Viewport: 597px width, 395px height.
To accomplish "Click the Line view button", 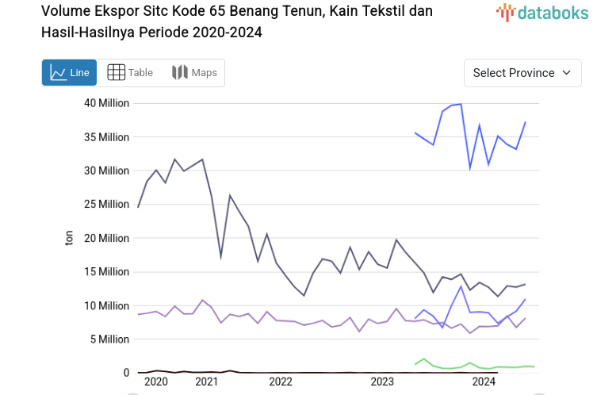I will click(69, 73).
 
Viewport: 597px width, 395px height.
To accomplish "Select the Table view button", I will click(130, 73).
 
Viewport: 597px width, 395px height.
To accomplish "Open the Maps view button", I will click(194, 73).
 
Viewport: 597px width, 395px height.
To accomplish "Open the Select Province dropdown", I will click(522, 73).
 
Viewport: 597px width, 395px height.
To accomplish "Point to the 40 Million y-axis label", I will click(106, 103).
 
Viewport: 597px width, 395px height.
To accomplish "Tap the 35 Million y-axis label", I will click(106, 137).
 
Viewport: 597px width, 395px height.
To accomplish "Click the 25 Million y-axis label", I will click(106, 205).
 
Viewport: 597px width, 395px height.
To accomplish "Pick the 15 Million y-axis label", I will click(106, 272).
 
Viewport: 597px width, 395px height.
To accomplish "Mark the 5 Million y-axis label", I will click(109, 339).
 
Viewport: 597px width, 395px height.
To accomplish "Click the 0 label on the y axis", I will click(125, 373).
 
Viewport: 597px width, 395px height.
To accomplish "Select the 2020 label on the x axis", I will click(156, 382).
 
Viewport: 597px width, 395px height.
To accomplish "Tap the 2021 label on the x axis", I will click(206, 382).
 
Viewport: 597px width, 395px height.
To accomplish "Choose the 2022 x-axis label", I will click(281, 382).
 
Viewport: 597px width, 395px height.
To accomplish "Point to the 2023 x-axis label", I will click(382, 382).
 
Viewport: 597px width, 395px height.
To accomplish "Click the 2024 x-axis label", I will click(484, 382).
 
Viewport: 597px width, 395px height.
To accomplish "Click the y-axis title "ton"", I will click(68, 238).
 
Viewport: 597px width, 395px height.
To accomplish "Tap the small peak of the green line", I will click(424, 359).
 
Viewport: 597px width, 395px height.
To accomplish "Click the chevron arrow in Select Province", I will click(566, 73).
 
